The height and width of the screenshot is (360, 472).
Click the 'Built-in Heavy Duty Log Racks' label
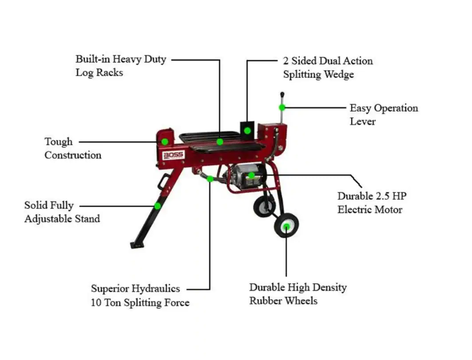click(x=120, y=66)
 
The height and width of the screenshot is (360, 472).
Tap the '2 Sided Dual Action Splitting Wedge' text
click(x=327, y=68)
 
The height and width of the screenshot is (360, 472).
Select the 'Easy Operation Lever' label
click(x=383, y=114)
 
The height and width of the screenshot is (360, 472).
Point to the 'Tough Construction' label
click(x=73, y=148)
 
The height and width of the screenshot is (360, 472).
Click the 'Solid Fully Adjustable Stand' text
click(x=61, y=212)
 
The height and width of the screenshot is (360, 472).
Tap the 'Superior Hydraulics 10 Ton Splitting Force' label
click(x=140, y=296)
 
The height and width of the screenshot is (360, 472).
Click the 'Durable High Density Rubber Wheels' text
click(x=297, y=294)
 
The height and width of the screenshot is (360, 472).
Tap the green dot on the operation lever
click(x=283, y=107)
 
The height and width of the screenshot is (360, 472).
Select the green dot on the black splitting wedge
click(x=248, y=130)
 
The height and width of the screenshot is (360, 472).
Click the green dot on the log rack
click(x=219, y=142)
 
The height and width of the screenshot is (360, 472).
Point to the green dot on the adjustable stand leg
click(x=158, y=206)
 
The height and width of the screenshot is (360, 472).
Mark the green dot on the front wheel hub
click(x=286, y=226)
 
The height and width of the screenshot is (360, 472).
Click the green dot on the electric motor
click(x=251, y=175)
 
